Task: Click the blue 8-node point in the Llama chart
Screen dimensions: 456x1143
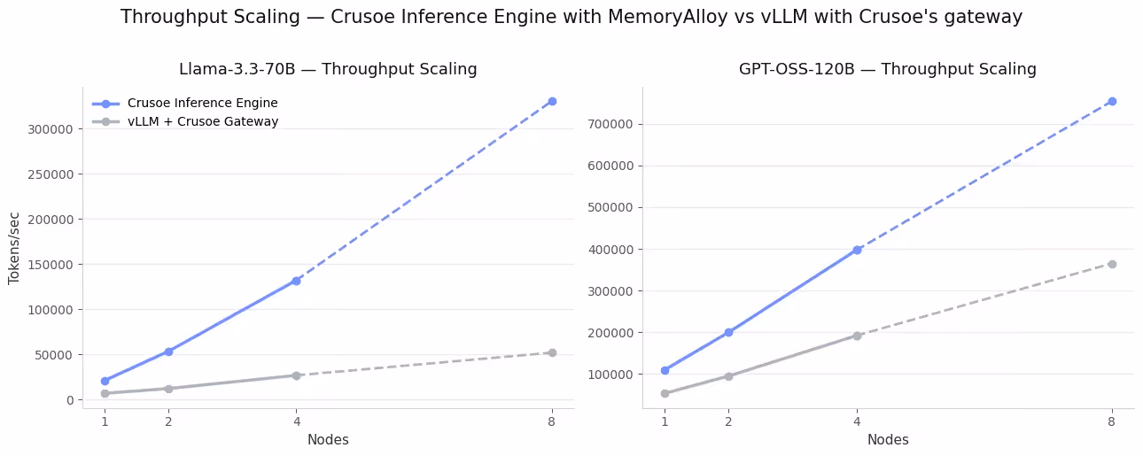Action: coord(552,101)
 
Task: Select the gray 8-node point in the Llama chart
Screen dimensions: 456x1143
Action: coord(552,352)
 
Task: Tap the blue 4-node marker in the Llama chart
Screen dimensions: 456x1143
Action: coord(296,281)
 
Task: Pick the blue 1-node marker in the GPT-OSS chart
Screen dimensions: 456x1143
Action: coord(665,370)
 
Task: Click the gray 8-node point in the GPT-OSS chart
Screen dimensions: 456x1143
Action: coord(1112,264)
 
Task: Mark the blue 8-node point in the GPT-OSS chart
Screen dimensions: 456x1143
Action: coord(1112,101)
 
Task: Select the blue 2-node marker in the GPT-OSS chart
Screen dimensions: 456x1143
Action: coord(728,332)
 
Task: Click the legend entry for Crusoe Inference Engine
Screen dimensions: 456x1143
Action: coord(202,104)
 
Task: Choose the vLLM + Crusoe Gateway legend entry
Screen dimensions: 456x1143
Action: coord(202,122)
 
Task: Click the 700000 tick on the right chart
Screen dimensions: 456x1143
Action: coord(614,124)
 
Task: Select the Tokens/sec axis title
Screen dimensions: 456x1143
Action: coord(14,247)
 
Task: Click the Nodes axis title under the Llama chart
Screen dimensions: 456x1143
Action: coord(328,440)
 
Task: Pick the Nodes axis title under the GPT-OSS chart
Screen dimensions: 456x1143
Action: coord(888,440)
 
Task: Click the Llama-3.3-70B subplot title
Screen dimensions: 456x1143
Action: coord(328,69)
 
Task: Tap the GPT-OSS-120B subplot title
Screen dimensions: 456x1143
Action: coord(888,69)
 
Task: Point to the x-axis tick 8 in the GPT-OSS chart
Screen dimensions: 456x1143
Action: coord(1112,421)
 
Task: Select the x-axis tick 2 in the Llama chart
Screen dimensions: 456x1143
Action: coord(168,421)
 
